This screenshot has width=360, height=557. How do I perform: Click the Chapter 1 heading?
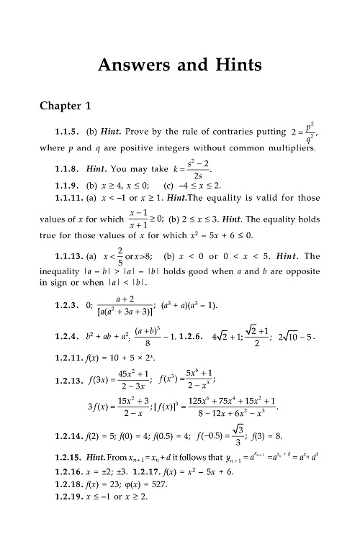[65, 107]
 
